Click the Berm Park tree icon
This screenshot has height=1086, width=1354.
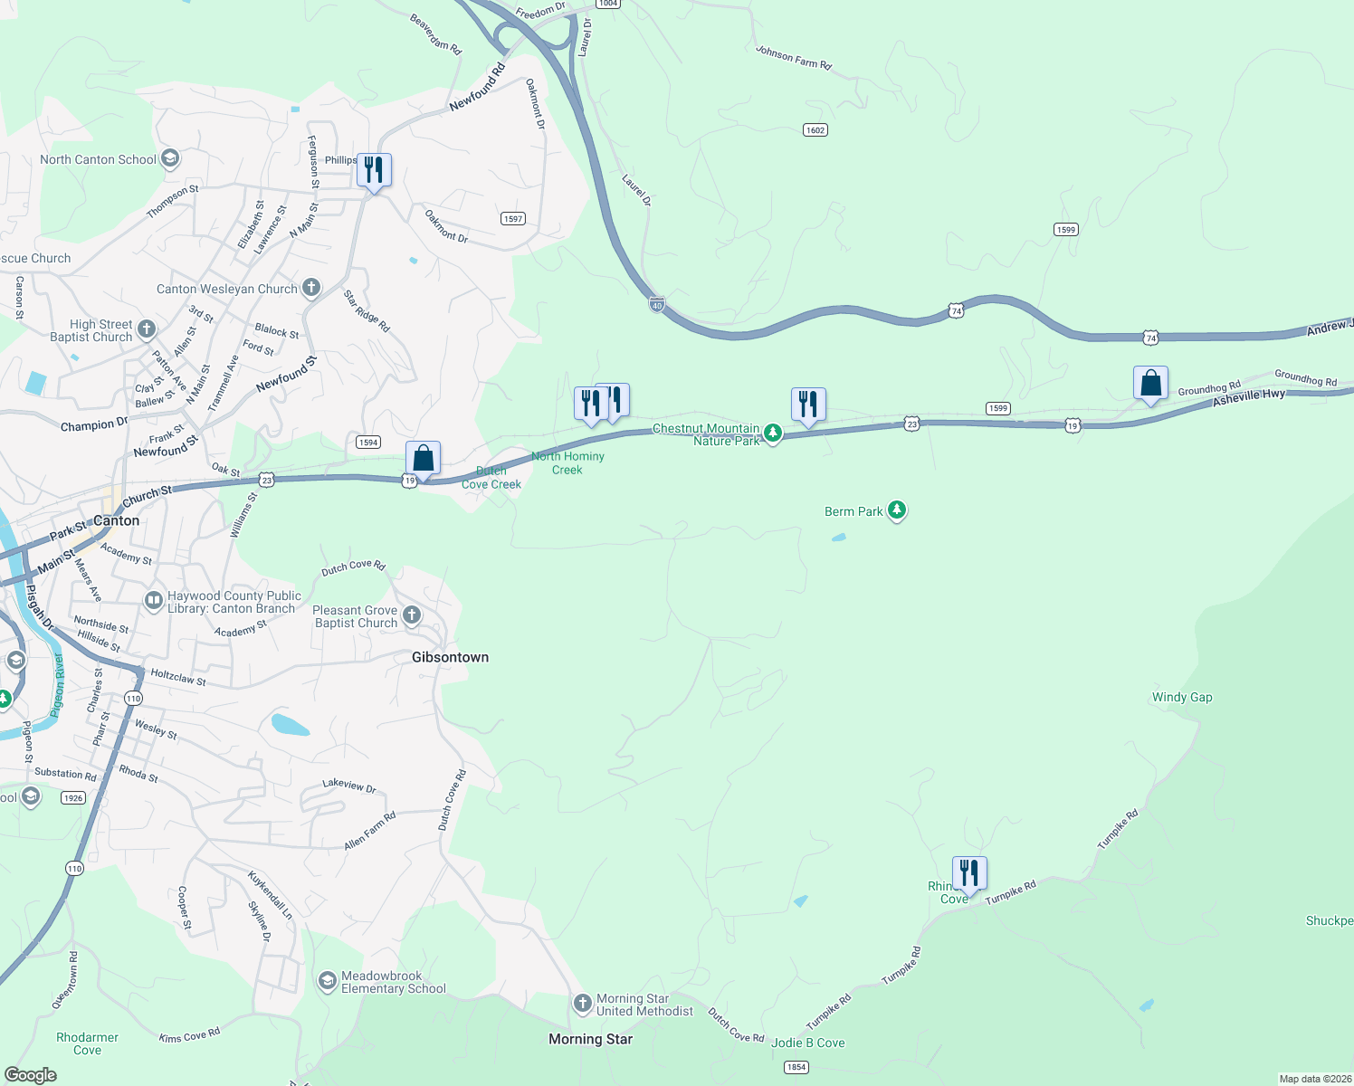click(896, 511)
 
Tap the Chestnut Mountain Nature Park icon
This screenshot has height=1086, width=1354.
click(772, 434)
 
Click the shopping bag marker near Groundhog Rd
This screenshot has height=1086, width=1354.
click(1150, 384)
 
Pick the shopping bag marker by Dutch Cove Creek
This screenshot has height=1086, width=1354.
click(423, 459)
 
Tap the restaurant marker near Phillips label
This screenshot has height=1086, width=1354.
click(374, 170)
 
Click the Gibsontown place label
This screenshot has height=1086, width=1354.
click(450, 657)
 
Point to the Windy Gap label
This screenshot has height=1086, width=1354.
click(1182, 697)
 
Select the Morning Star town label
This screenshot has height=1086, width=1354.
click(590, 1039)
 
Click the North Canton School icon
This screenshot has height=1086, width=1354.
click(169, 159)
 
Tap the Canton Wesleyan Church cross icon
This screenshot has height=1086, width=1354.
click(310, 289)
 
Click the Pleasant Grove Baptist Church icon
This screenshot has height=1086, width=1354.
click(411, 616)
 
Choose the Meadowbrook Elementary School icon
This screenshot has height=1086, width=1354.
click(327, 981)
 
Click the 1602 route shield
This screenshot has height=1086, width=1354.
click(815, 130)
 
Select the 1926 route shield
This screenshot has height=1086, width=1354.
click(73, 798)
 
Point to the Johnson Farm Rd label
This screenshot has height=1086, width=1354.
click(794, 58)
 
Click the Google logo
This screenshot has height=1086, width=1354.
click(31, 1075)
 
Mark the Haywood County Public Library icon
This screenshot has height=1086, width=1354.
click(153, 600)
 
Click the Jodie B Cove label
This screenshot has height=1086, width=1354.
click(808, 1043)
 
